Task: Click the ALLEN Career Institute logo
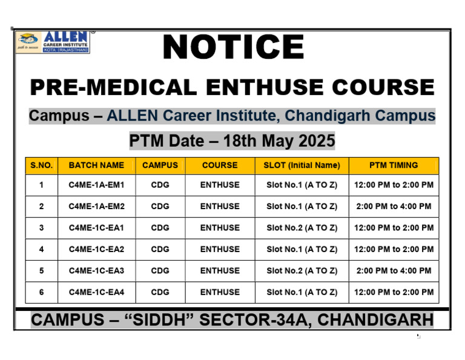[53, 42]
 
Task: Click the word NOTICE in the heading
[233, 48]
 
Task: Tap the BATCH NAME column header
[96, 165]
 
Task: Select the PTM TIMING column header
[394, 165]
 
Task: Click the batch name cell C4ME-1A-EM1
[96, 185]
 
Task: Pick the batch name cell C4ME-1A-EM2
[96, 207]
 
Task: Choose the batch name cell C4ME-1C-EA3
[96, 271]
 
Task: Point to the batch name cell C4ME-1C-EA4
[96, 292]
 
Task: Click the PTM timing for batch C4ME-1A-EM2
[394, 207]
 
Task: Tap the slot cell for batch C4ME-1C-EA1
[302, 228]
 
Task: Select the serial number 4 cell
[41, 249]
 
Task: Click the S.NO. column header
[41, 165]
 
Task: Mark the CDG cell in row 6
[160, 292]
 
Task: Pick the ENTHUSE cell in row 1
[220, 185]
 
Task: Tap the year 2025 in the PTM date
[314, 141]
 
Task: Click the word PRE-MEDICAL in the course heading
[113, 87]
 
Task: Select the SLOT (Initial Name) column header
[302, 165]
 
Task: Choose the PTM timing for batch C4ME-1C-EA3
[394, 271]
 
